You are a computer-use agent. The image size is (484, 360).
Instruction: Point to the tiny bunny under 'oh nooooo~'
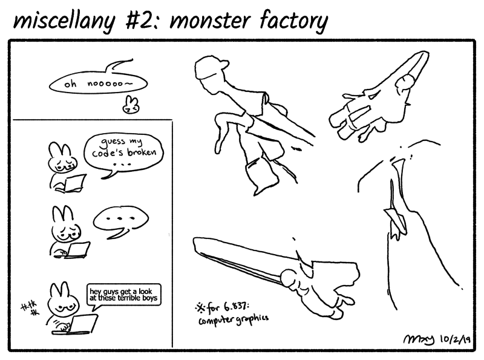129,105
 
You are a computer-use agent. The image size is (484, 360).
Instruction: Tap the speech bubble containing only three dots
122,218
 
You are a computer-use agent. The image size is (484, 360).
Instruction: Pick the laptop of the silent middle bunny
77,249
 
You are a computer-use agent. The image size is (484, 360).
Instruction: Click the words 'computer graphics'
233,318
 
